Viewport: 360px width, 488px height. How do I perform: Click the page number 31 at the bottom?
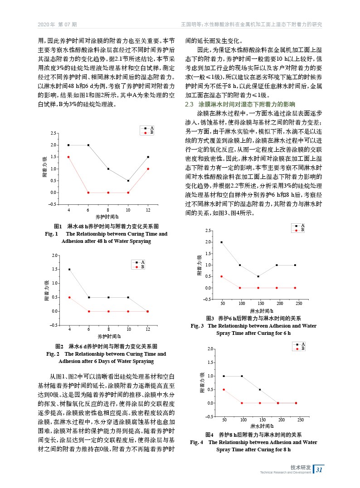click(x=319, y=469)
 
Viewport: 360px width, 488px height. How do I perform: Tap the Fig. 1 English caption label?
click(x=50, y=234)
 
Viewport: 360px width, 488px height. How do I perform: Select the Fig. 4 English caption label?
click(x=197, y=442)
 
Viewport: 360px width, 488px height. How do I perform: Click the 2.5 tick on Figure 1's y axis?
click(x=54, y=133)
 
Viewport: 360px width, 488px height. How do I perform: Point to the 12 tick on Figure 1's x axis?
click(x=148, y=210)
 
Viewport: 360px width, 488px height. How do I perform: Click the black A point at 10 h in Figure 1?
click(x=128, y=180)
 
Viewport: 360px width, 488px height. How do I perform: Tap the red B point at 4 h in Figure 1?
click(x=68, y=157)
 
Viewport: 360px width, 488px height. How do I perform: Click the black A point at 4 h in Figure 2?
click(x=69, y=269)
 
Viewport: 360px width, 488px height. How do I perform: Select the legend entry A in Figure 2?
click(x=142, y=262)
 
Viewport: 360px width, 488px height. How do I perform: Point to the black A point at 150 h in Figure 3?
click(x=258, y=276)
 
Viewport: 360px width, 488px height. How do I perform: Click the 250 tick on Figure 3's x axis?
click(x=299, y=303)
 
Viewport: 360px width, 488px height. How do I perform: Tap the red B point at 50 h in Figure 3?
click(x=222, y=276)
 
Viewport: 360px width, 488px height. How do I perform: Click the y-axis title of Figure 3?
click(x=199, y=265)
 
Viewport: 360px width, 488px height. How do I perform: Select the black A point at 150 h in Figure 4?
click(x=260, y=390)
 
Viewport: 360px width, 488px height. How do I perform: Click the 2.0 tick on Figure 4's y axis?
click(x=210, y=349)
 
